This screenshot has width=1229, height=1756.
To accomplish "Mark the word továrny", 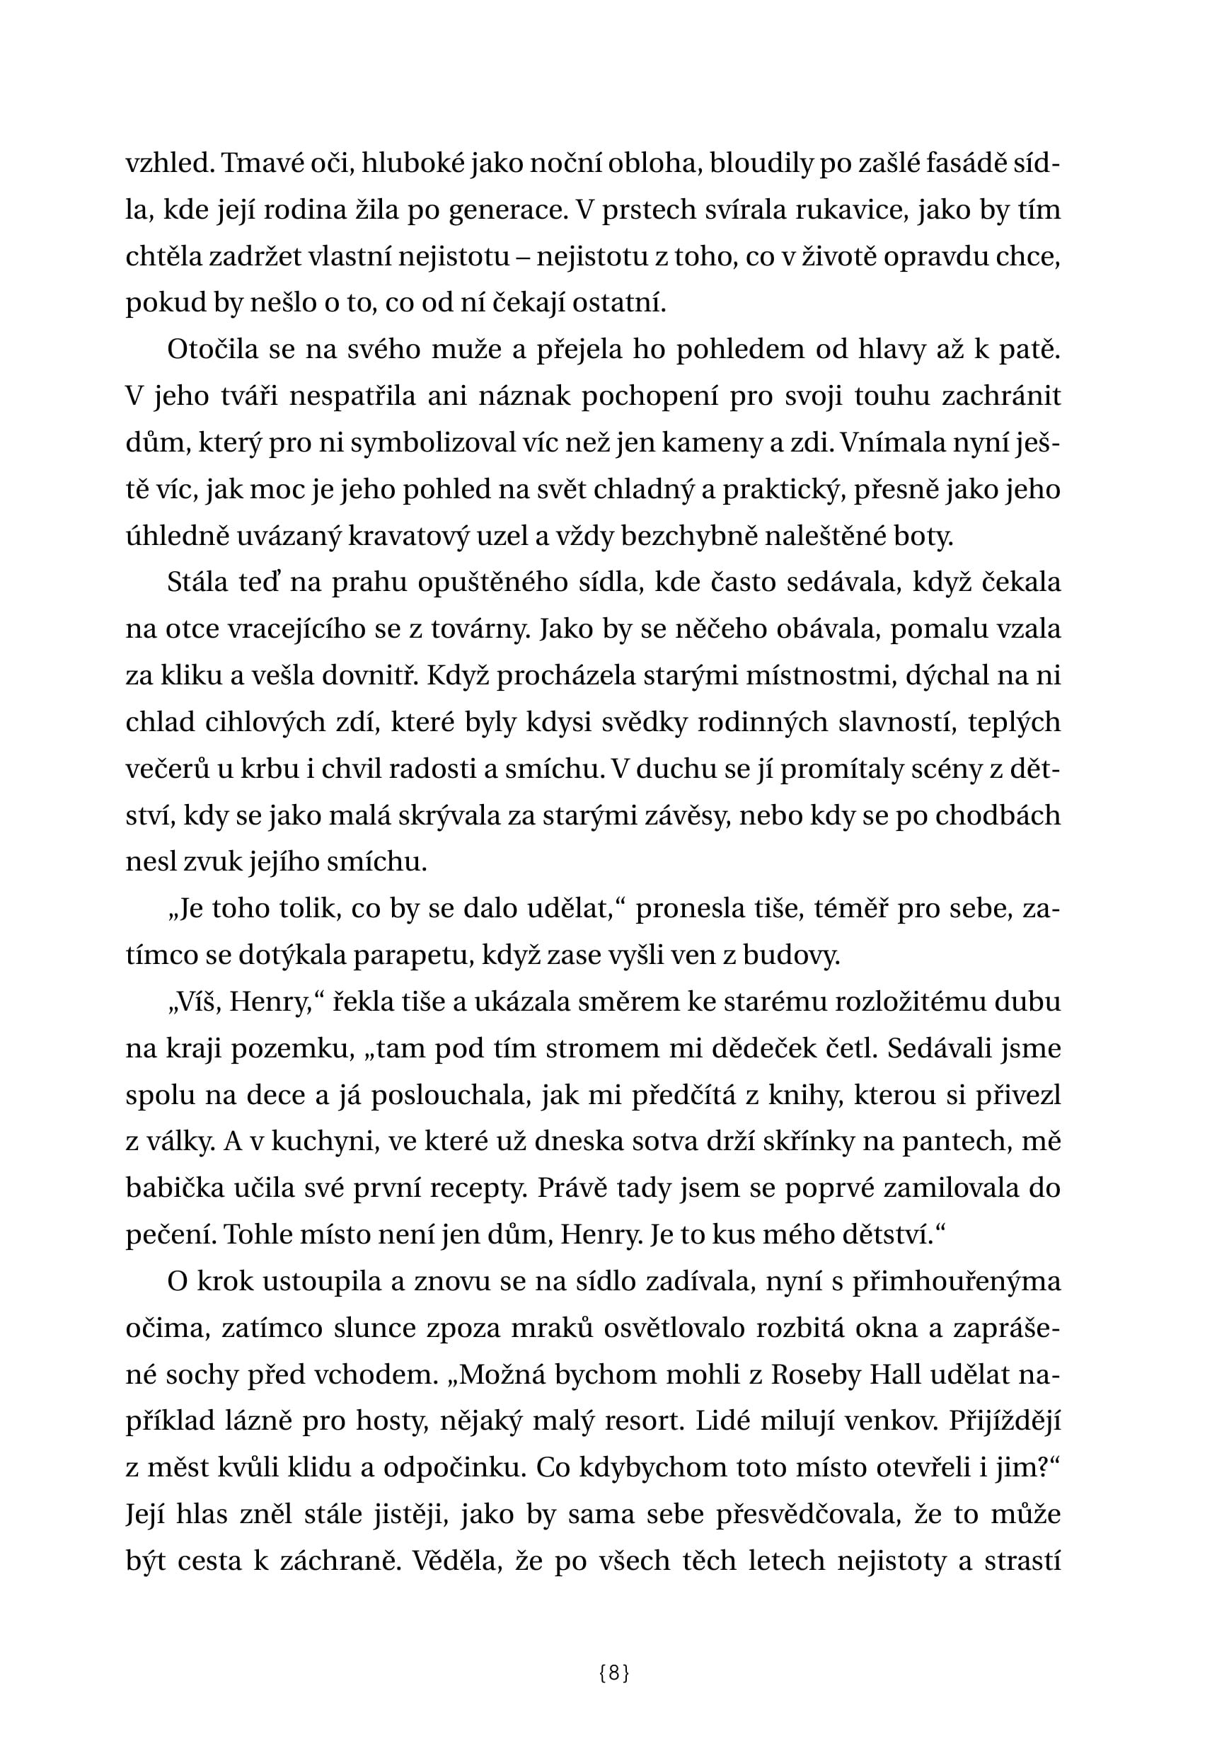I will (x=475, y=629).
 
